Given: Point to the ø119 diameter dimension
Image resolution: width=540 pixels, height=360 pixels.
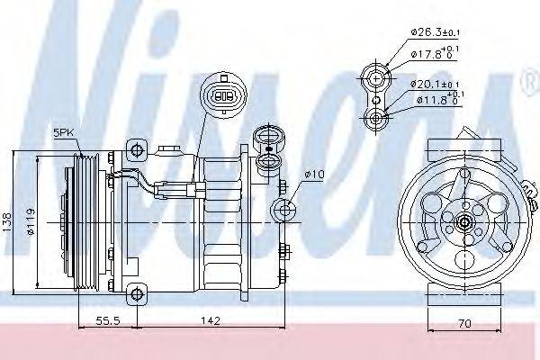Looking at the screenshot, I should coord(30,220).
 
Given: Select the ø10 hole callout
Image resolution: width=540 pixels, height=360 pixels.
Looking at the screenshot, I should coord(313,174).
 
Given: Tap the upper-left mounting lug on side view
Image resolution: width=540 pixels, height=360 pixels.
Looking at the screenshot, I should coord(134,147).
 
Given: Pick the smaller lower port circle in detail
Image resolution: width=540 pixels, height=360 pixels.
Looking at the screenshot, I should coord(371,116).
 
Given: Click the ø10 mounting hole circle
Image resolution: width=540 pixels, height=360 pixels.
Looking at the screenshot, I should coord(285,211).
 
